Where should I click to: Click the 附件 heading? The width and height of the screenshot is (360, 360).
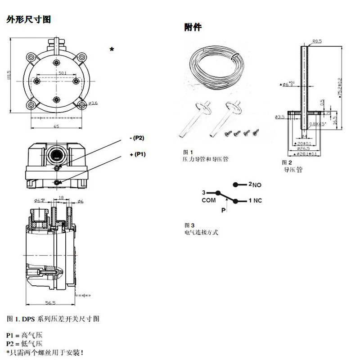pyautogui.click(x=193, y=27)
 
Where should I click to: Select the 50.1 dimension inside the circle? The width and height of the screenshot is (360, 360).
pyautogui.click(x=63, y=72)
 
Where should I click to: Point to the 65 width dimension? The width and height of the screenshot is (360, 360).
pyautogui.click(x=56, y=126)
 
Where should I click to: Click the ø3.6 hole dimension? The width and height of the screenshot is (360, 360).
pyautogui.click(x=93, y=103)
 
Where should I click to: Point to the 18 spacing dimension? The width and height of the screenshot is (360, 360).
pyautogui.click(x=61, y=198)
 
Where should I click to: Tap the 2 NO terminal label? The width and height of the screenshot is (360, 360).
pyautogui.click(x=255, y=185)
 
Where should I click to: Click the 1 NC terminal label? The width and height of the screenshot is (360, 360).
pyautogui.click(x=255, y=201)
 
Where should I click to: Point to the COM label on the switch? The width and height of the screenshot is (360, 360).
pyautogui.click(x=208, y=201)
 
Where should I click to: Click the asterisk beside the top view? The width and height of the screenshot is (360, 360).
pyautogui.click(x=112, y=49)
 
